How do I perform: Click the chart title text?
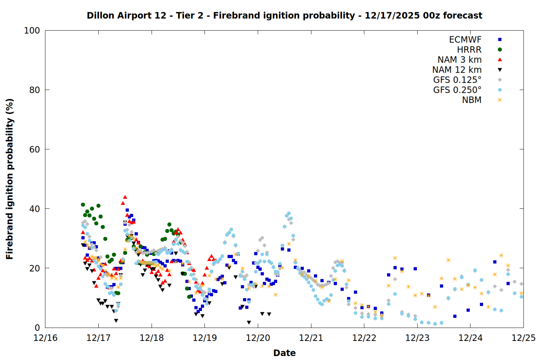tap(284, 15)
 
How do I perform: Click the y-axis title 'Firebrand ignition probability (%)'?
tap(10, 179)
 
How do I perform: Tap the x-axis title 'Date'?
tap(284, 353)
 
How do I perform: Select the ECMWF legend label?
tap(465, 40)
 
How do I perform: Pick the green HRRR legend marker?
tap(500, 50)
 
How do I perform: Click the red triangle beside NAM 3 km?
tap(500, 60)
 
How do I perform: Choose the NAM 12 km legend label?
tap(457, 70)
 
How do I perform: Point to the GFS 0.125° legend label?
tap(457, 80)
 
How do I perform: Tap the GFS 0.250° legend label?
tap(457, 90)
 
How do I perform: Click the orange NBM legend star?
tap(500, 100)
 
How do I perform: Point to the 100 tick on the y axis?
tap(32, 31)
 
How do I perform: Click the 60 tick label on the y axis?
tap(35, 149)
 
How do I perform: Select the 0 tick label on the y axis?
tap(37, 328)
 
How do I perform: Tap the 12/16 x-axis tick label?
tap(45, 338)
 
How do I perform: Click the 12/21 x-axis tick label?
tap(311, 338)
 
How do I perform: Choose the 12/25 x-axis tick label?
tap(523, 338)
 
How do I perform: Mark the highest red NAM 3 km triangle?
tap(125, 197)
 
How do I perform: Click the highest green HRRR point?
tap(83, 204)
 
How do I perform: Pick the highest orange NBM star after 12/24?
tap(501, 255)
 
